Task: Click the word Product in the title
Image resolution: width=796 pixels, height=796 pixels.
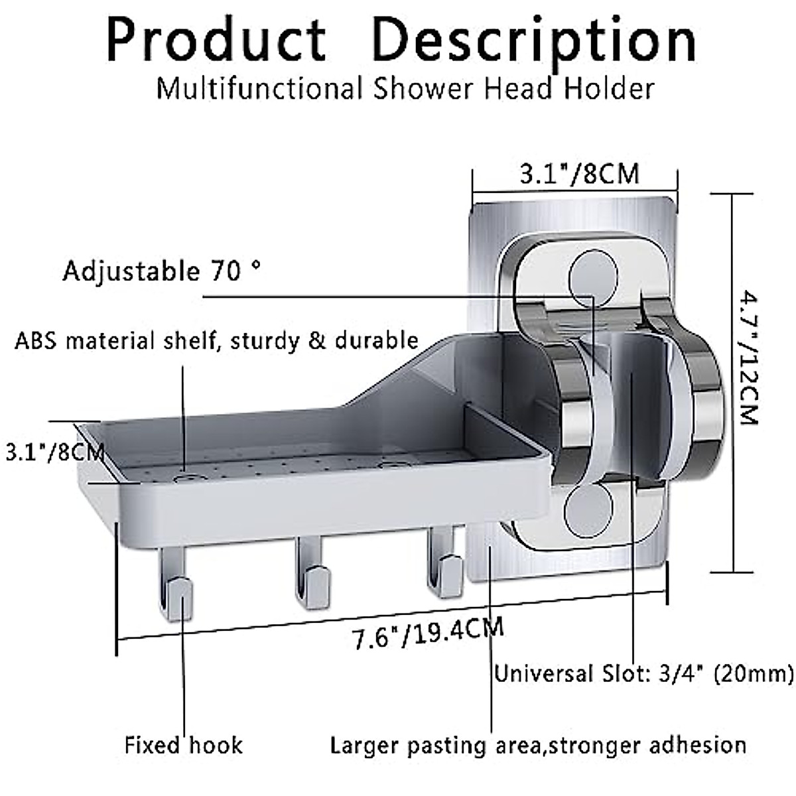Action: [216, 41]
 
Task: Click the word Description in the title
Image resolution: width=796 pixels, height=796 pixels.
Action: [534, 41]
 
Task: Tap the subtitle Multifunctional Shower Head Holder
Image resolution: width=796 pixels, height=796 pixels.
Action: [405, 88]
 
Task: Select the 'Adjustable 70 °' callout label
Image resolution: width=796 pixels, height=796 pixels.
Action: [161, 271]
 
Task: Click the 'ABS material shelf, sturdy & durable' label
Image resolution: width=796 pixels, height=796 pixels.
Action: [216, 341]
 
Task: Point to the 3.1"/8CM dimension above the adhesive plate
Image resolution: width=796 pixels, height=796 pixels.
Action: [578, 174]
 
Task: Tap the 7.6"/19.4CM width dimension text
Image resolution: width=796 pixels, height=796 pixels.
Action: [427, 633]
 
